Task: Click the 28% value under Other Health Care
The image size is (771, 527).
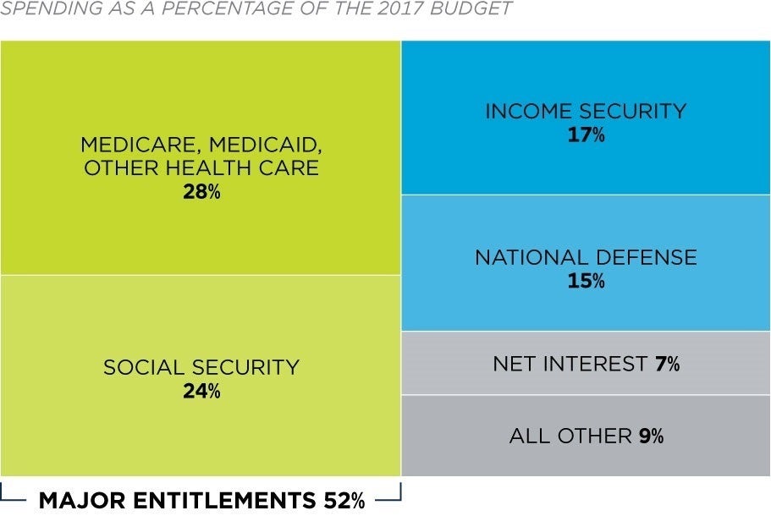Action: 201,192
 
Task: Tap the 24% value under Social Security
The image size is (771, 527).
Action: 201,392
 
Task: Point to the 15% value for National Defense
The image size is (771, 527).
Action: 586,281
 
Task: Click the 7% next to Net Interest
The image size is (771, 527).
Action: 667,365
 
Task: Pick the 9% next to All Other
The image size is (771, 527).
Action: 651,436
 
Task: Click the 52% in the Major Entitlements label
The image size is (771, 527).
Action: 344,501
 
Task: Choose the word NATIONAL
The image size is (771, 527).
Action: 531,257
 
